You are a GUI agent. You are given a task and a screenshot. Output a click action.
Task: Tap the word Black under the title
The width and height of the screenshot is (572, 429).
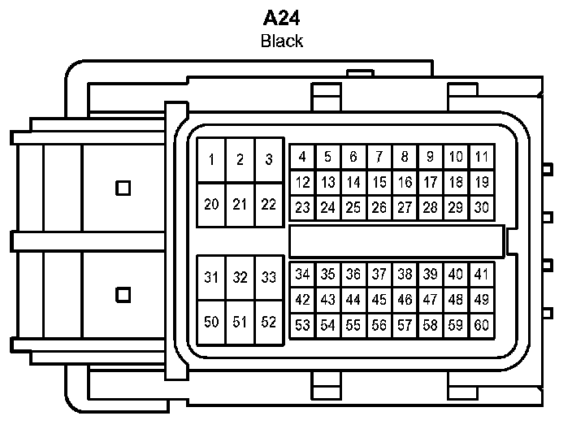(282, 41)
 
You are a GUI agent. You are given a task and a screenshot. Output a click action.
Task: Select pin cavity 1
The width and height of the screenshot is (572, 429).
(211, 160)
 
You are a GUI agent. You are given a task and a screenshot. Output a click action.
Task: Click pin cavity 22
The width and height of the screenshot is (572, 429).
(268, 204)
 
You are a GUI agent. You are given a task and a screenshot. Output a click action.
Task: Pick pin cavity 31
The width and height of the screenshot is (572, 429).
(211, 278)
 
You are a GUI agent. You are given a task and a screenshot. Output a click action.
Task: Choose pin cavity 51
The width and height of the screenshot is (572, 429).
(240, 322)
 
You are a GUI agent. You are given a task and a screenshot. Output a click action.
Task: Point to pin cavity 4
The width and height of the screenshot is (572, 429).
(302, 158)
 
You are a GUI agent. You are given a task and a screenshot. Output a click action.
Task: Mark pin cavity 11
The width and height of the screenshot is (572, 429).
(482, 158)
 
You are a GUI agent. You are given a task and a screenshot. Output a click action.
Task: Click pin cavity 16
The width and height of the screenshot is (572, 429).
(405, 183)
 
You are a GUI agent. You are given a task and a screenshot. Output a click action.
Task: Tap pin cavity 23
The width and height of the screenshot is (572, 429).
(302, 208)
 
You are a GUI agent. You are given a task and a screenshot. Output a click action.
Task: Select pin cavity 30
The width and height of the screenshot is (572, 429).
(482, 208)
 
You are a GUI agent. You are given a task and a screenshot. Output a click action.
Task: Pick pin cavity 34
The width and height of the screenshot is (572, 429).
(302, 275)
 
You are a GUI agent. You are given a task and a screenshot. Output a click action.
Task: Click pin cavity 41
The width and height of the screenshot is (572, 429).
(482, 275)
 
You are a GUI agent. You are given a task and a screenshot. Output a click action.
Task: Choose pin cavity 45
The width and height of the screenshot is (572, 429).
(379, 300)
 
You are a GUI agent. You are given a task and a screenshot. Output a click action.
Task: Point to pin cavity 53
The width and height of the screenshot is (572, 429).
(302, 326)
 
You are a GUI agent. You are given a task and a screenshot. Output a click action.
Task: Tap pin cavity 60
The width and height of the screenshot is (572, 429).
(482, 326)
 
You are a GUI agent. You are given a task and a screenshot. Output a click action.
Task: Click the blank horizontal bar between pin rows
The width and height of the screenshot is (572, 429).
(396, 241)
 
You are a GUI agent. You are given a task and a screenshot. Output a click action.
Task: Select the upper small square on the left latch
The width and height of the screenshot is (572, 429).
(123, 188)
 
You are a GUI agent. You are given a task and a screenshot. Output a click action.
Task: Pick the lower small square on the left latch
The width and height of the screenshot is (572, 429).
(123, 294)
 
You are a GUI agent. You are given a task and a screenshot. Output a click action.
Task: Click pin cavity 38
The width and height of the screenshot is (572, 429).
(405, 275)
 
